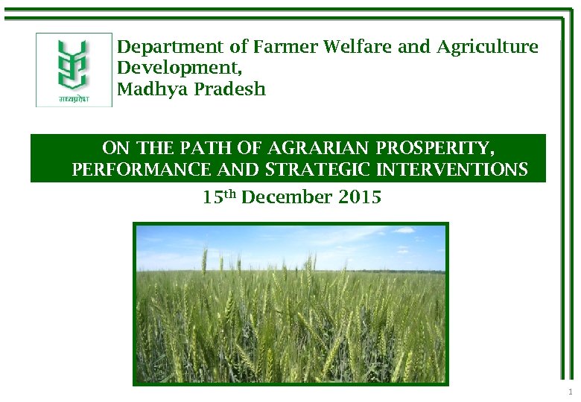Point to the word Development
[x=177, y=68]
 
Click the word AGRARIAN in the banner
[x=316, y=147]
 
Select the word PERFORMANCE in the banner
[x=141, y=170]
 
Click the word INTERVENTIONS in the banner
[x=453, y=170]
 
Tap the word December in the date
[x=287, y=197]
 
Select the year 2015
[x=360, y=197]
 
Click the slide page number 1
[x=570, y=392]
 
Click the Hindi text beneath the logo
[x=74, y=98]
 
